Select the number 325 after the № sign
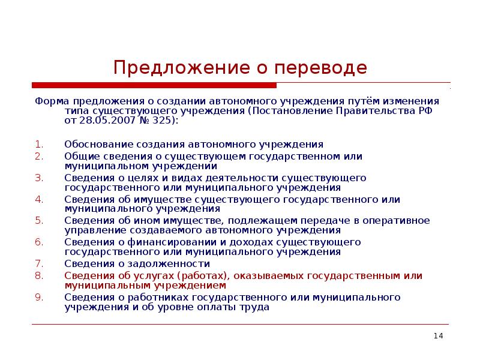click(165, 120)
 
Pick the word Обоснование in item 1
click(93, 145)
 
